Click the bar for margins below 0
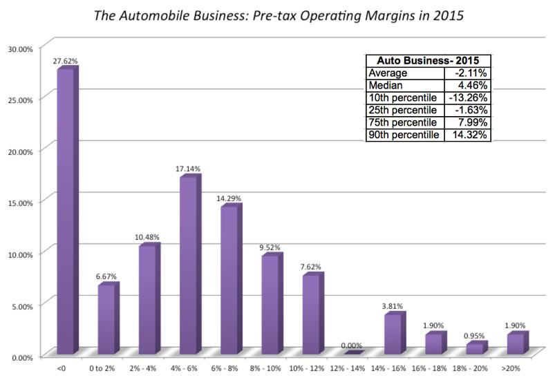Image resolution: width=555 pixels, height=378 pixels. pos(66,211)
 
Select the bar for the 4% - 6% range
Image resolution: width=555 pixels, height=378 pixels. pos(189,265)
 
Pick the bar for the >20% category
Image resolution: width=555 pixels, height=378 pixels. pos(516,343)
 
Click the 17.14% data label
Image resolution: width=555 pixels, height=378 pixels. pos(188,168)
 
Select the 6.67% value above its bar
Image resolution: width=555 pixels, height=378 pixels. pos(106,276)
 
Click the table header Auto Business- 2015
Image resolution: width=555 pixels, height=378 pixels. pos(429,61)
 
